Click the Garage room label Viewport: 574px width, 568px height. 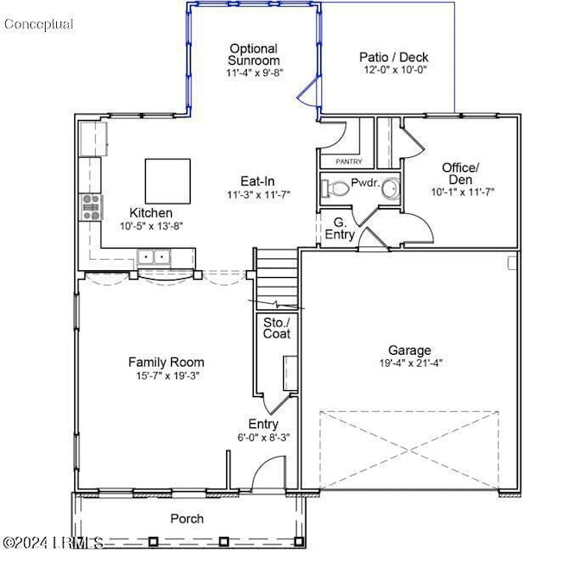pos(409,350)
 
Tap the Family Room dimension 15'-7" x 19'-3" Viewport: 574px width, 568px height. pos(167,376)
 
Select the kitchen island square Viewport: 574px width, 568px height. pos(167,180)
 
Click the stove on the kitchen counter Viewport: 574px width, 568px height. pos(91,207)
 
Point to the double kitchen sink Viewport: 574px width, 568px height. pos(155,256)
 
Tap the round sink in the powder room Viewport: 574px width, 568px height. pos(390,187)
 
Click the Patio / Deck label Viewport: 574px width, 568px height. pos(394,58)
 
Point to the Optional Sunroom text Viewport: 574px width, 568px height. pos(254,54)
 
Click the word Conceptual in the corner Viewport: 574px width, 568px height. pos(39,24)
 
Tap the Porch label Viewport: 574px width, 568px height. pos(187,518)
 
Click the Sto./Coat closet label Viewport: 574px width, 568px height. pos(276,327)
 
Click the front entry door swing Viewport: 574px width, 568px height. pos(268,473)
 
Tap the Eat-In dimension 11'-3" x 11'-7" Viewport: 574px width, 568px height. pos(257,195)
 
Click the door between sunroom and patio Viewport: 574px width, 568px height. pos(307,92)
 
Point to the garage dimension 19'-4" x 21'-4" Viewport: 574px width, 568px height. pos(409,363)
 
